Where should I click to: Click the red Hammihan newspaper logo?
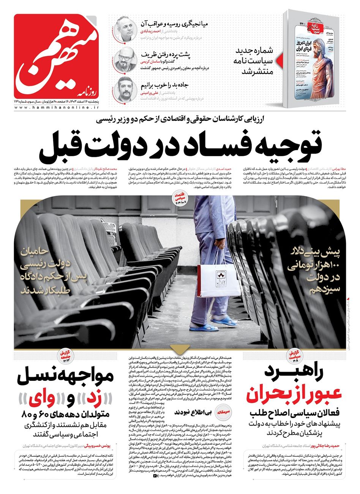(55, 56)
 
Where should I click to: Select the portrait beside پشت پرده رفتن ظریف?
(124, 60)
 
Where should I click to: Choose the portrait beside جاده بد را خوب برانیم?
(124, 90)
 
